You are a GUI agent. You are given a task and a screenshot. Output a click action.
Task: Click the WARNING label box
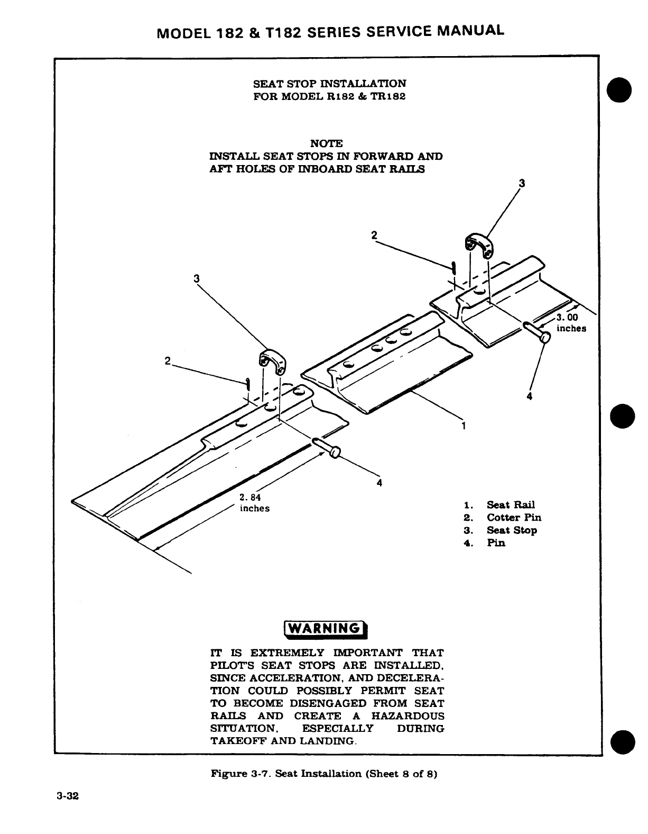(326, 628)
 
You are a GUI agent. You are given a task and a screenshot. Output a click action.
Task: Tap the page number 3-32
(68, 796)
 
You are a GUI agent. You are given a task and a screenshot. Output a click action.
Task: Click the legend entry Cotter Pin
(514, 518)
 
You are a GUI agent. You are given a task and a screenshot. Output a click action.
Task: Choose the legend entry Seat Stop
(512, 530)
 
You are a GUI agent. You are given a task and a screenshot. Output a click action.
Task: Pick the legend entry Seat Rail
(511, 505)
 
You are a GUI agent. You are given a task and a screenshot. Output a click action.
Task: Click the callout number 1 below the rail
(464, 425)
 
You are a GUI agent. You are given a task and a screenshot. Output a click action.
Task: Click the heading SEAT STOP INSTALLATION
(330, 84)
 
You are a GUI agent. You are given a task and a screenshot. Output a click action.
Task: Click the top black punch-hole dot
(622, 91)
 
